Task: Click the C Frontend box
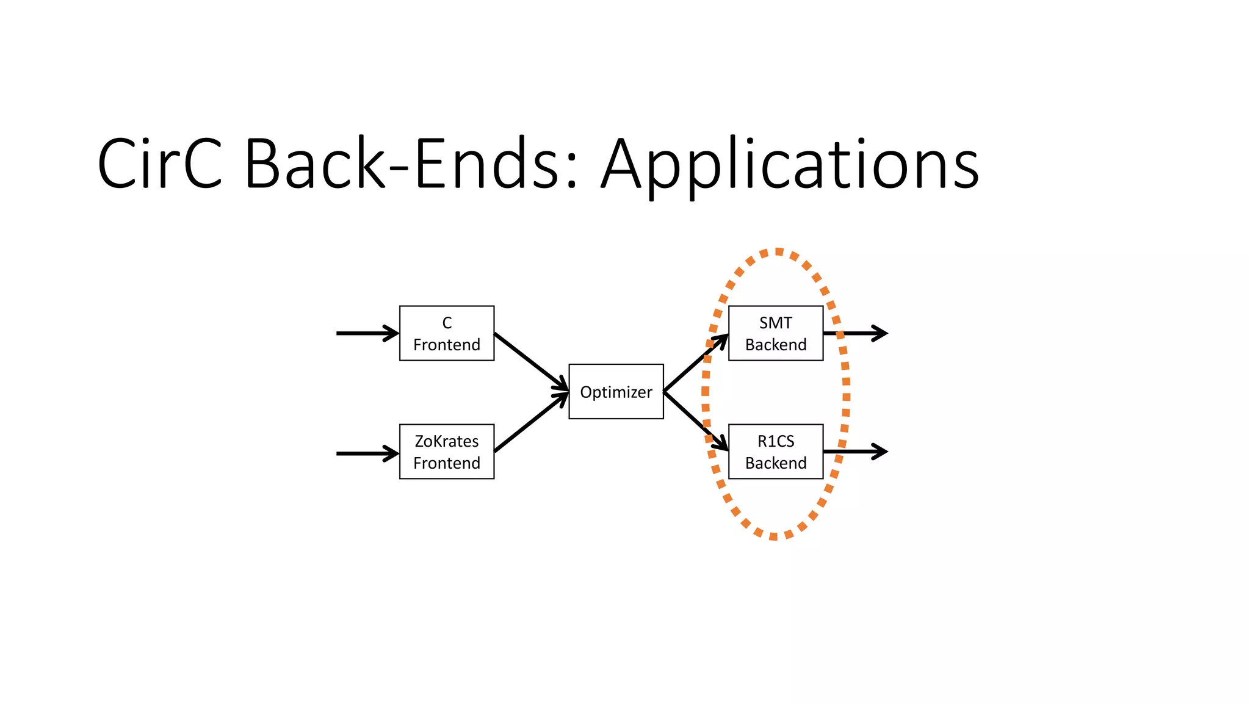(x=447, y=333)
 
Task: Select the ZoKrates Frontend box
(x=447, y=452)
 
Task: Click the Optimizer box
(x=616, y=392)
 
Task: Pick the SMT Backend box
(x=776, y=333)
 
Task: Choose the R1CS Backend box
(x=776, y=452)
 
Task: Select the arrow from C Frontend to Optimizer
(x=531, y=361)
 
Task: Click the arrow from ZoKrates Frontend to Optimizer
(x=531, y=422)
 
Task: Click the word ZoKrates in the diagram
(x=447, y=441)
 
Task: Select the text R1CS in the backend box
(x=776, y=441)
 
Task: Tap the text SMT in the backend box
(x=776, y=323)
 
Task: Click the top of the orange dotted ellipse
(x=777, y=251)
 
